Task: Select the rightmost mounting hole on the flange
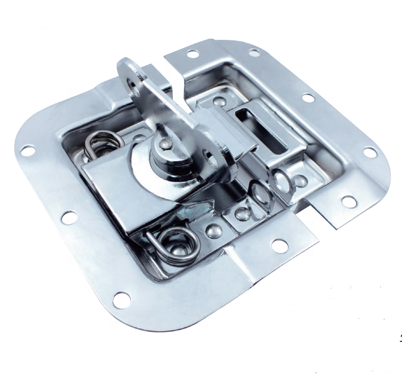pyautogui.click(x=369, y=152)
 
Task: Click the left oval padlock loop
pyautogui.click(x=258, y=194)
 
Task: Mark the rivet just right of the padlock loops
pyautogui.click(x=300, y=180)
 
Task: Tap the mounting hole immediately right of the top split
pyautogui.click(x=193, y=54)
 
